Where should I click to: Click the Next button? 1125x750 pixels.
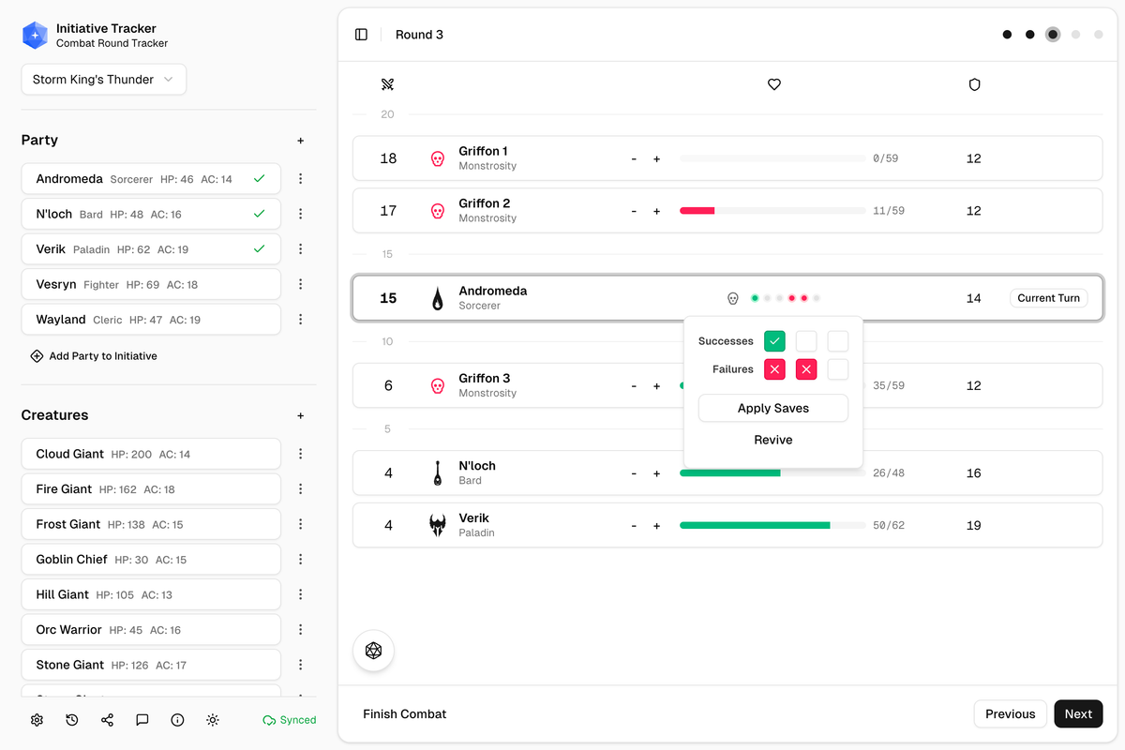pyautogui.click(x=1078, y=713)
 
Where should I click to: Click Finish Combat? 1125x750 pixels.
pyautogui.click(x=404, y=713)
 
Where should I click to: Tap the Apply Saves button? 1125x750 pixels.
pyautogui.click(x=772, y=408)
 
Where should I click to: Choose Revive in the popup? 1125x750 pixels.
pyautogui.click(x=772, y=440)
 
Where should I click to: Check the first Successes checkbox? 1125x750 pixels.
pyautogui.click(x=774, y=341)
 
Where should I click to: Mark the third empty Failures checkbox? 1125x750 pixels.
pyautogui.click(x=837, y=369)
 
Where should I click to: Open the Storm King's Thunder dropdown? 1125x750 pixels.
pyautogui.click(x=103, y=80)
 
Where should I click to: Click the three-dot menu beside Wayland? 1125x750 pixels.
pyautogui.click(x=300, y=320)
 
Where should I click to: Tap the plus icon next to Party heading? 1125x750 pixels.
pyautogui.click(x=300, y=141)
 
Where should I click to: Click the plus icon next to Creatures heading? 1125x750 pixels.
pyautogui.click(x=300, y=415)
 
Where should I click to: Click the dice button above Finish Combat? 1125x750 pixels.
pyautogui.click(x=373, y=651)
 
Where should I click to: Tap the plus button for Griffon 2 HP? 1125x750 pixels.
pyautogui.click(x=656, y=211)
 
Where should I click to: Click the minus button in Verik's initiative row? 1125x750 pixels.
pyautogui.click(x=634, y=526)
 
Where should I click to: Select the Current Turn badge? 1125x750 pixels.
pyautogui.click(x=1048, y=298)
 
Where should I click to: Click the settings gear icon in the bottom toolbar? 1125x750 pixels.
pyautogui.click(x=37, y=720)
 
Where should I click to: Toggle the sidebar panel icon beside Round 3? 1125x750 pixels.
pyautogui.click(x=361, y=35)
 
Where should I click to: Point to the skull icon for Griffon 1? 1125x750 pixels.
pyautogui.click(x=437, y=158)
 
